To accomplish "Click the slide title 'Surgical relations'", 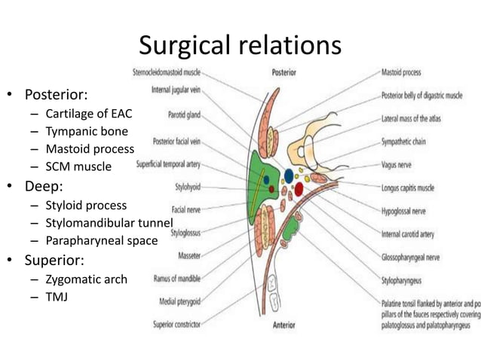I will [x=240, y=46].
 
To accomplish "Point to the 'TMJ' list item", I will [x=57, y=297].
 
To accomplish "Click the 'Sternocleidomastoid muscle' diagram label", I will [x=165, y=73].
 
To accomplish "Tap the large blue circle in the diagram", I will [x=289, y=175].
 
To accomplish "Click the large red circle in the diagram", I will [x=299, y=188].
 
